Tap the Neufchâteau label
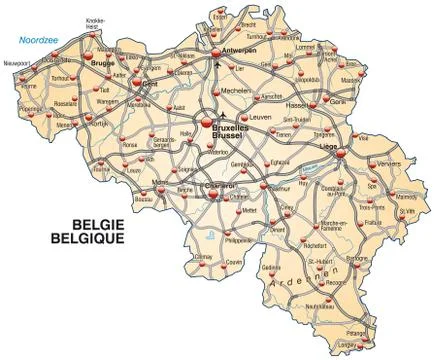(x=319, y=304)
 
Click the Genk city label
(x=338, y=102)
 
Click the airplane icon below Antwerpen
(x=216, y=65)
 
